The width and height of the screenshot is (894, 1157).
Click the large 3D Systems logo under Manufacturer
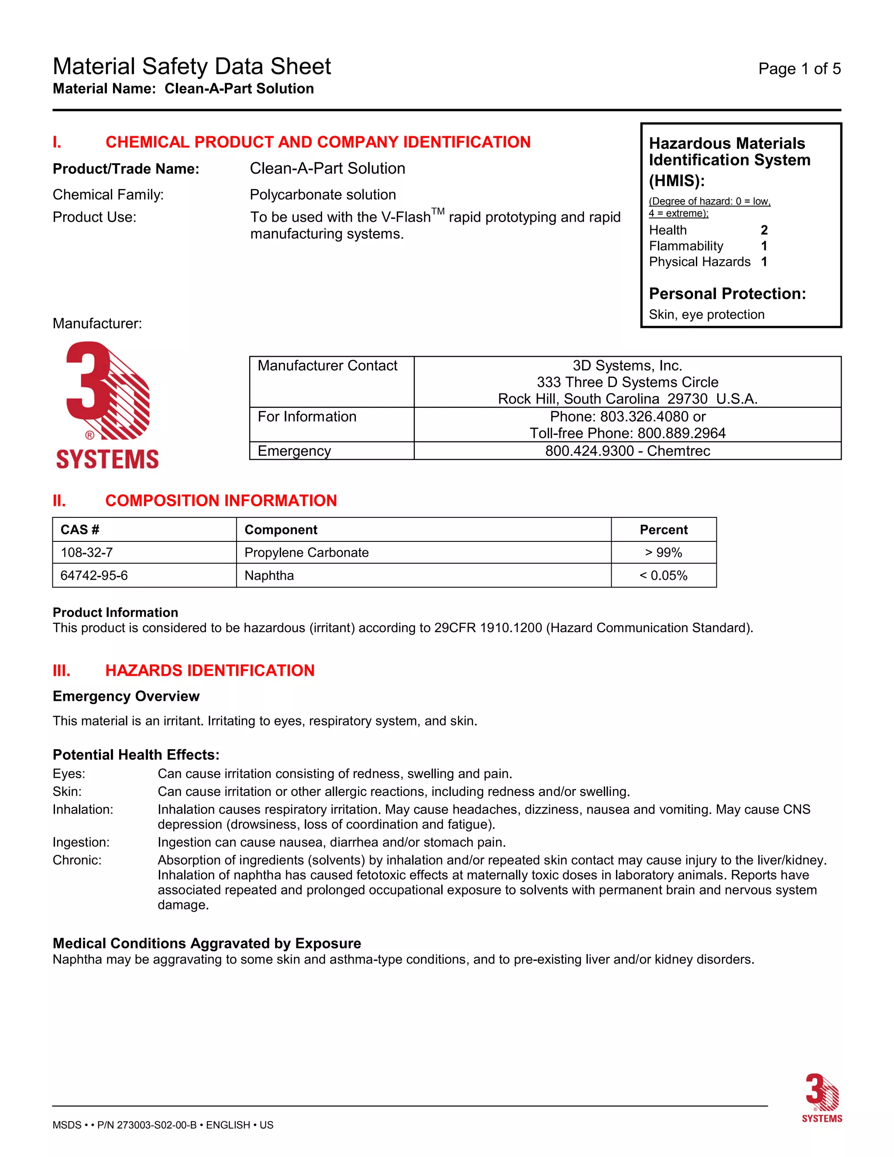click(x=107, y=405)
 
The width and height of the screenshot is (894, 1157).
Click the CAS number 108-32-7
click(x=86, y=553)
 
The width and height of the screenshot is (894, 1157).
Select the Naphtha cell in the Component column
click(x=269, y=575)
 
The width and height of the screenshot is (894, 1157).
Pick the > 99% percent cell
click(x=663, y=553)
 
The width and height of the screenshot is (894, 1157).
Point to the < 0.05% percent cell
click(x=663, y=575)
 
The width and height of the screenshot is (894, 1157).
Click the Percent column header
click(x=663, y=530)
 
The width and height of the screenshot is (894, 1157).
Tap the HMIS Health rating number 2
click(x=764, y=230)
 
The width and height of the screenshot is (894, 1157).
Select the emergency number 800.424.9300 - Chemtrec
click(x=627, y=451)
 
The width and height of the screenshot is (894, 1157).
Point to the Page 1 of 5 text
click(x=799, y=69)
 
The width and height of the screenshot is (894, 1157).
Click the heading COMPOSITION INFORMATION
click(x=221, y=501)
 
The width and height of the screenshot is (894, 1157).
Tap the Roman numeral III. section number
click(x=62, y=671)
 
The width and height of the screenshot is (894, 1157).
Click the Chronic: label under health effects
click(x=77, y=861)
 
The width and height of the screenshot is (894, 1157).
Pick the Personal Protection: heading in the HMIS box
click(x=727, y=293)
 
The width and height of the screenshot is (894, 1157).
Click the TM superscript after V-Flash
click(x=438, y=211)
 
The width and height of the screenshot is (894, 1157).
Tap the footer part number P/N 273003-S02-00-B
click(x=147, y=1125)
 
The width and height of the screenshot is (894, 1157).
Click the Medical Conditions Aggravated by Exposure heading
click(x=206, y=944)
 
